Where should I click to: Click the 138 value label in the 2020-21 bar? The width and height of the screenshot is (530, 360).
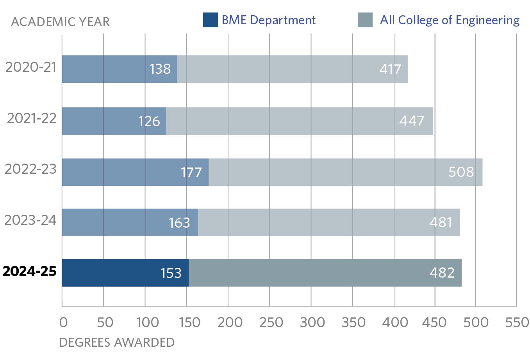click(160, 69)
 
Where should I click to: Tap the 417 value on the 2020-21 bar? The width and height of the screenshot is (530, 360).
click(390, 69)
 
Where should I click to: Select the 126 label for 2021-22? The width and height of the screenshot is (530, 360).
click(149, 121)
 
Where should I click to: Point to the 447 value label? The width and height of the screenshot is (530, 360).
click(412, 121)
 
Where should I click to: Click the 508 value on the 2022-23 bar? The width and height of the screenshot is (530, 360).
click(461, 172)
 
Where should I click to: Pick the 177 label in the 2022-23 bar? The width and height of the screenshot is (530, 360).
click(191, 172)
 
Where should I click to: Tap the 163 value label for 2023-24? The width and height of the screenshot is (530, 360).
click(179, 223)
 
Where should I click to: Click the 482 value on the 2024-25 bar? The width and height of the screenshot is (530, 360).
click(442, 273)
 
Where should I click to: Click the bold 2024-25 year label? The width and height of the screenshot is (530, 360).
click(30, 271)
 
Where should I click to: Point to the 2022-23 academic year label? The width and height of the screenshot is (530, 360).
click(30, 169)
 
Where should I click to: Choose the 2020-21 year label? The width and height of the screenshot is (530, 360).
click(31, 67)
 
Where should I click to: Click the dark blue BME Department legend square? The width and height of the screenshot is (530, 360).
click(210, 20)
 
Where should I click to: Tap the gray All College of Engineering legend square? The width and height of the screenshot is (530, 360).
click(365, 20)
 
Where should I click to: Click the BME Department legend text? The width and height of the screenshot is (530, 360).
click(269, 20)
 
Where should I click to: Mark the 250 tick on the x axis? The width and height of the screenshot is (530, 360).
click(269, 323)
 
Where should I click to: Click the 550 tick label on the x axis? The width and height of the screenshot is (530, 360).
click(516, 323)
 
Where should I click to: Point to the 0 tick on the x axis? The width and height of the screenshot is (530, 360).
click(63, 323)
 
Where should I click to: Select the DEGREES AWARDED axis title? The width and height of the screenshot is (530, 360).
click(117, 342)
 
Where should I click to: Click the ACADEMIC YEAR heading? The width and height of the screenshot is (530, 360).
click(61, 22)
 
